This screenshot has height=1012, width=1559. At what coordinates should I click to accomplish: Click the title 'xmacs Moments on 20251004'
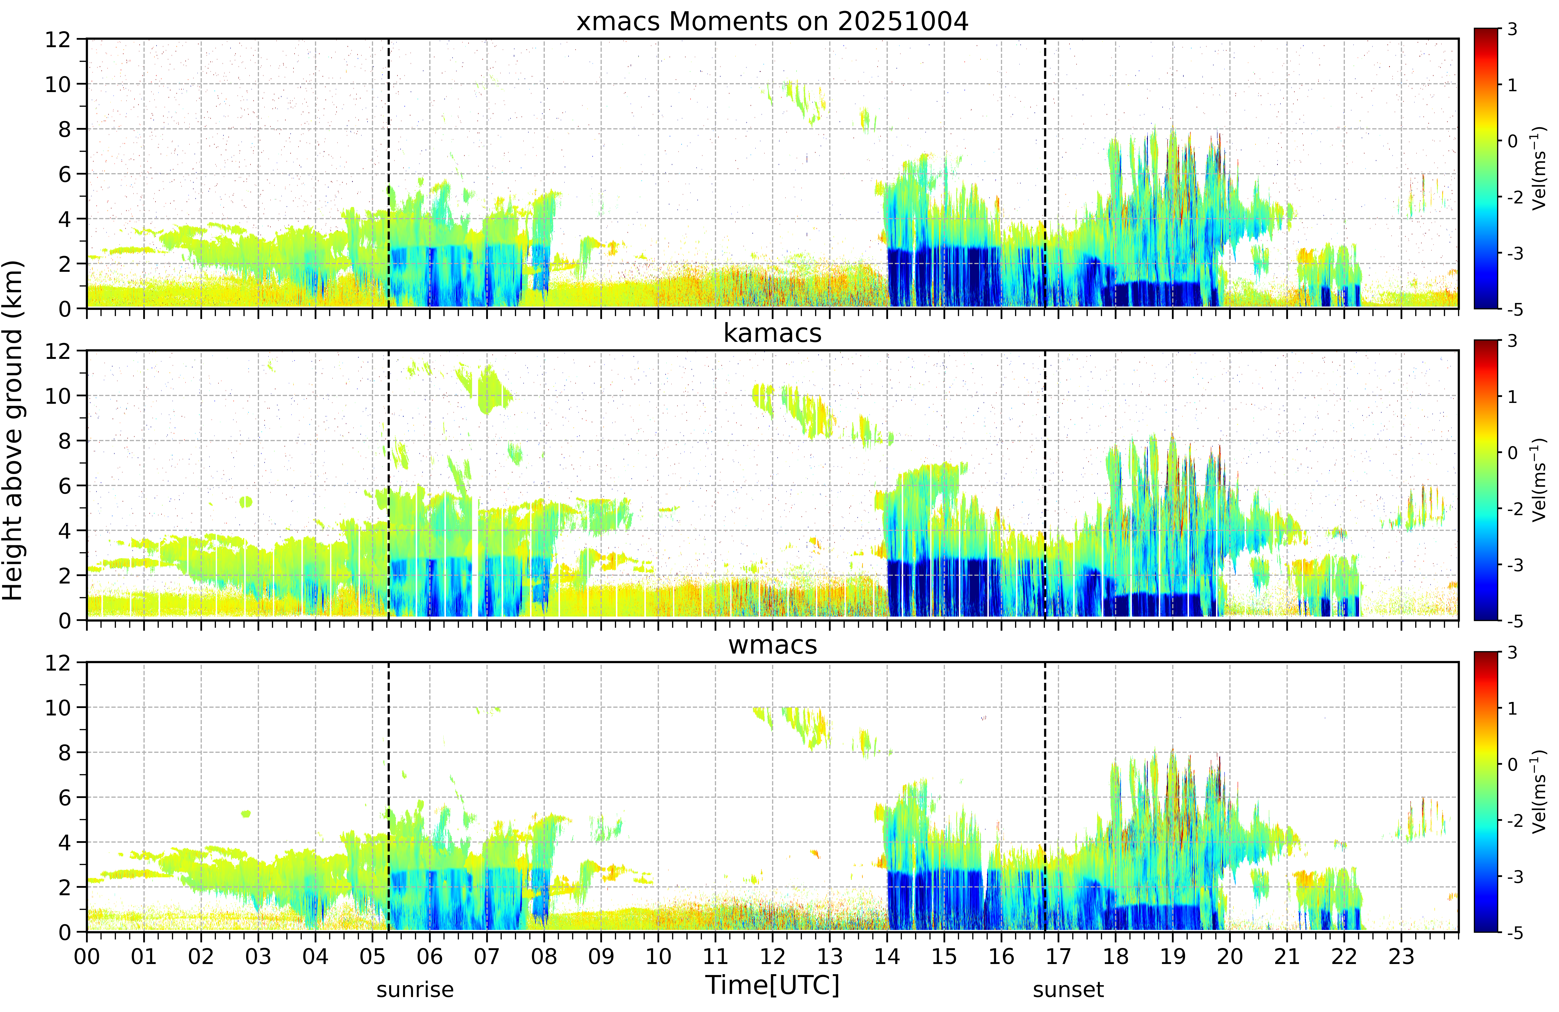772,22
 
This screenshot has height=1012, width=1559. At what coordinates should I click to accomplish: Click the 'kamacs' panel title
772,333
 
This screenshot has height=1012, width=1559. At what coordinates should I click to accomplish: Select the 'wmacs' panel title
772,645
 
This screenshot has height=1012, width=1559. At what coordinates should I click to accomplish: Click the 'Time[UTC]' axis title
772,985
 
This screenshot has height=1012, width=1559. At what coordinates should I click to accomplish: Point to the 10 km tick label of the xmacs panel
58,84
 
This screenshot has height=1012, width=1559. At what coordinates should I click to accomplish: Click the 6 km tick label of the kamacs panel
64,485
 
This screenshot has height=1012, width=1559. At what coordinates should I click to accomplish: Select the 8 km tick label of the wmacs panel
64,753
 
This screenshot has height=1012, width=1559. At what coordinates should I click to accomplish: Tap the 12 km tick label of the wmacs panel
58,663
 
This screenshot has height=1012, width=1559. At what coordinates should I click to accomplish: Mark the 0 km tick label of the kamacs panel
64,620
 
